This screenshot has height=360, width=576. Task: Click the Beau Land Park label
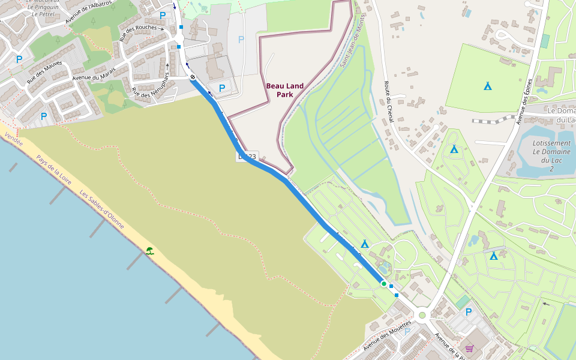click(x=285, y=90)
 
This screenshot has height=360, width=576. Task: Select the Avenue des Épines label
click(x=524, y=102)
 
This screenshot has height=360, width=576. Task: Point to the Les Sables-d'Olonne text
click(x=102, y=211)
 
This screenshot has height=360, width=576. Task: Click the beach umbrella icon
click(x=150, y=251)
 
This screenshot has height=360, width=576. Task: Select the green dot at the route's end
click(x=384, y=283)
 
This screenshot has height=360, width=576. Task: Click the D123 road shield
click(x=247, y=157)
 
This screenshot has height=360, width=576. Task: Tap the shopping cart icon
click(x=469, y=348)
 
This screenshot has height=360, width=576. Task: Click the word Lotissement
click(x=551, y=143)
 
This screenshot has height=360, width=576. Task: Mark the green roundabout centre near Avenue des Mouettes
click(x=422, y=315)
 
